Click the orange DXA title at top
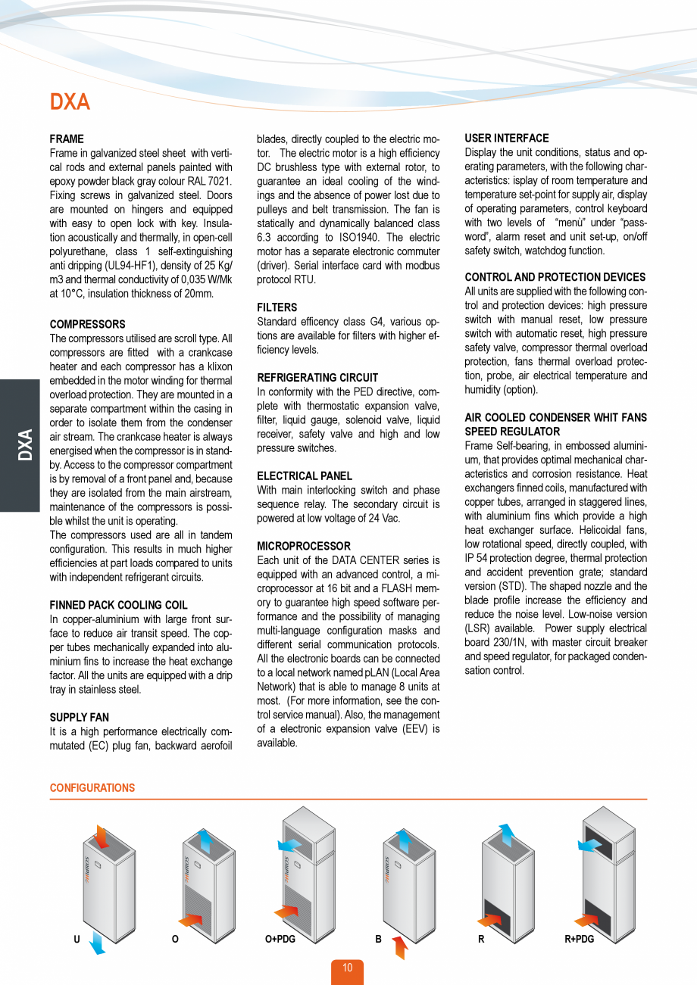70,102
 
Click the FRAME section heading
67,139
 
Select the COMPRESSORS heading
87,324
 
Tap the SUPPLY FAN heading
79,717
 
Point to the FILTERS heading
277,307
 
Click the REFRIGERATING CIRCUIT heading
317,377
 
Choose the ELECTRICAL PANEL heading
305,475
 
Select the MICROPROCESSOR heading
304,546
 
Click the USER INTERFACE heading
507,139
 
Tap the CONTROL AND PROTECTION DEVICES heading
555,277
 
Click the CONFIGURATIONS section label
92,788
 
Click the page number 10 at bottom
347,968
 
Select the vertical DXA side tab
24,445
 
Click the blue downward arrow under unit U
96,943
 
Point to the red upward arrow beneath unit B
400,946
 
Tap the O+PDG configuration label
280,939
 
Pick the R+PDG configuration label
580,939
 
